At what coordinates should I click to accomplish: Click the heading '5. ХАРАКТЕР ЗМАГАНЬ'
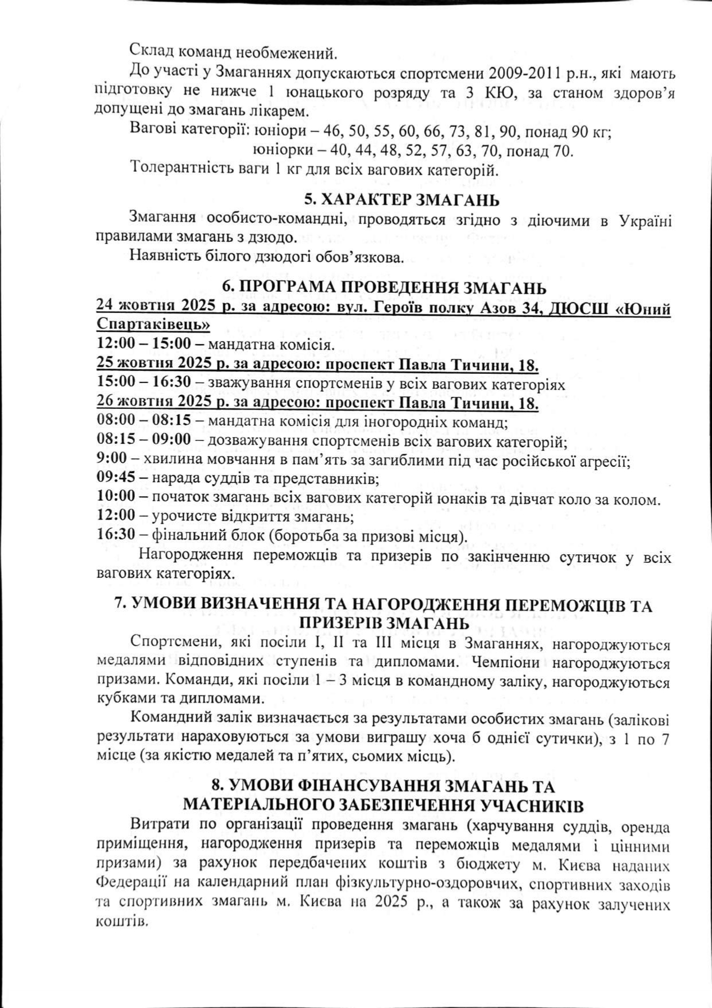click(401, 200)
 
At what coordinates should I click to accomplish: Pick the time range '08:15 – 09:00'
click(144, 442)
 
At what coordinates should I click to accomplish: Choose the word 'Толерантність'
click(180, 169)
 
